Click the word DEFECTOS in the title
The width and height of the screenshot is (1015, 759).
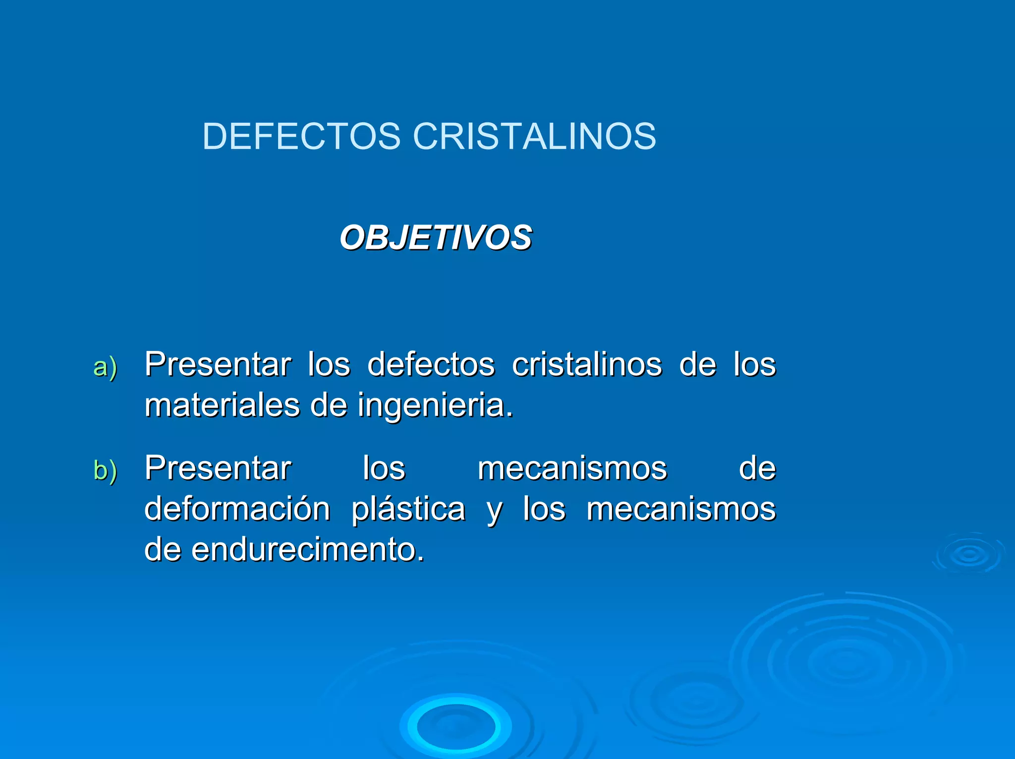301,136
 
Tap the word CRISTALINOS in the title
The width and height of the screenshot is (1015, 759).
534,136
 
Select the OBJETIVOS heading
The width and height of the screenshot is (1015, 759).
436,237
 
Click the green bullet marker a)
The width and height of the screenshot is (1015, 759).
105,367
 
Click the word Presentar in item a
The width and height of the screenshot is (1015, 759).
218,364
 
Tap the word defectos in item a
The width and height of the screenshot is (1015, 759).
431,364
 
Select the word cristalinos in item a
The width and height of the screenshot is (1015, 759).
587,364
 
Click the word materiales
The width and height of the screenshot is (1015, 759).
222,405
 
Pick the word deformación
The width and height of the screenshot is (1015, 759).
237,509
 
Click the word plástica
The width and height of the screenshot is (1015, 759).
408,510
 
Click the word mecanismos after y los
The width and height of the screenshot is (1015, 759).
681,509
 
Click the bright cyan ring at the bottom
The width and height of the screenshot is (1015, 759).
455,726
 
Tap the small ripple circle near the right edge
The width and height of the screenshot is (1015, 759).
969,554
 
